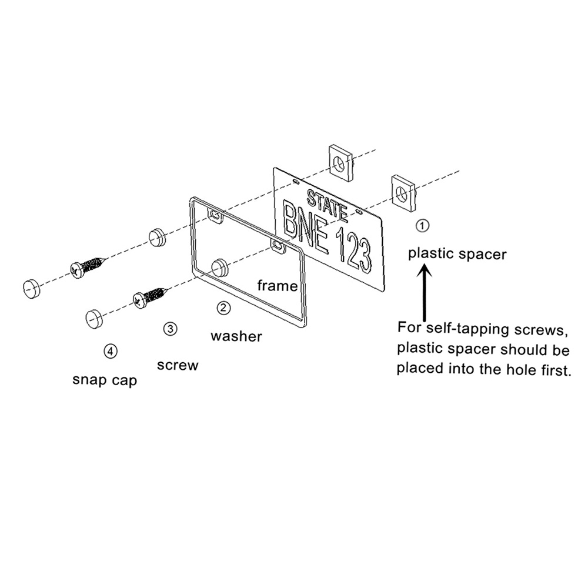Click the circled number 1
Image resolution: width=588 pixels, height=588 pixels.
(x=423, y=226)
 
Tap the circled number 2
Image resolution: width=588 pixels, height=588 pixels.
(x=223, y=308)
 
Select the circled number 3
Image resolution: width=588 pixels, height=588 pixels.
(x=171, y=329)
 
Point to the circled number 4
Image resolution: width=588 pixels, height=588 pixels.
(x=111, y=352)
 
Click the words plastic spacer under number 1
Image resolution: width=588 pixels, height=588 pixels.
(x=457, y=255)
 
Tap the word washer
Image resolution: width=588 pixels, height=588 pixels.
(x=236, y=336)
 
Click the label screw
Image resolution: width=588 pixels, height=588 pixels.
(x=178, y=365)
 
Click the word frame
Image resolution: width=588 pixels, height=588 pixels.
(x=278, y=286)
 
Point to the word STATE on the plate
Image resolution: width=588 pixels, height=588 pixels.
(x=326, y=205)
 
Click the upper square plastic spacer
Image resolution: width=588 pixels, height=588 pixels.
(x=342, y=163)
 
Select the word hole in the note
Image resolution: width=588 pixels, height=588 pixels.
(x=520, y=369)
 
